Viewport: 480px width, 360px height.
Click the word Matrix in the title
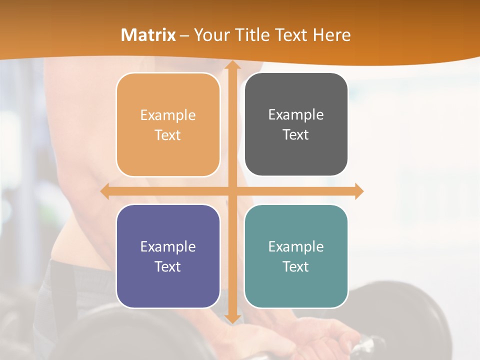pyautogui.click(x=148, y=35)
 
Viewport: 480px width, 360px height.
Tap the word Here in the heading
pyautogui.click(x=332, y=35)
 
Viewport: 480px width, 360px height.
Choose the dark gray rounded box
pyautogui.click(x=296, y=155)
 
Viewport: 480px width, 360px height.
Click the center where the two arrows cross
pyautogui.click(x=231, y=191)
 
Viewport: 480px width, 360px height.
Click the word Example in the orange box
pyautogui.click(x=168, y=115)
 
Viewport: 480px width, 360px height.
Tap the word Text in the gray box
pyautogui.click(x=296, y=135)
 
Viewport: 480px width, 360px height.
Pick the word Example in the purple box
pyautogui.click(x=168, y=247)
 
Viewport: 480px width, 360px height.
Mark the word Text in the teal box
pyautogui.click(x=296, y=266)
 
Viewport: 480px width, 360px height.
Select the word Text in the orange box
pyautogui.click(x=168, y=135)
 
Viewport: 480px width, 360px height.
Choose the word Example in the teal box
pyautogui.click(x=296, y=247)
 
